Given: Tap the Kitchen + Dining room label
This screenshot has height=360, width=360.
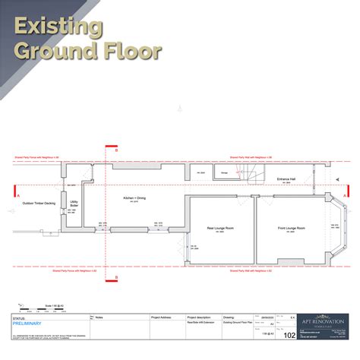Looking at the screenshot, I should click(x=134, y=197).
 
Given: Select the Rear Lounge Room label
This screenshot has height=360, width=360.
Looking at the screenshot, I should click(x=220, y=228).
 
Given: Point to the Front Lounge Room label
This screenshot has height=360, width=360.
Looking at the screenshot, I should click(x=291, y=228).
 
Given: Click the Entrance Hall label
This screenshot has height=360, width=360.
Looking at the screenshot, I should click(x=287, y=178).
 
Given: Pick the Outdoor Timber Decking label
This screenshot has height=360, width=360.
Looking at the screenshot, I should click(x=38, y=204).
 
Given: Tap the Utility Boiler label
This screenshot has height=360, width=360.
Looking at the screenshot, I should click(x=74, y=204).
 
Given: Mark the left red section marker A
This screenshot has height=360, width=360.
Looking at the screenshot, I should click(x=14, y=191).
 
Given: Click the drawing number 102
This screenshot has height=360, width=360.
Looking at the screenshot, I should click(x=289, y=334).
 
